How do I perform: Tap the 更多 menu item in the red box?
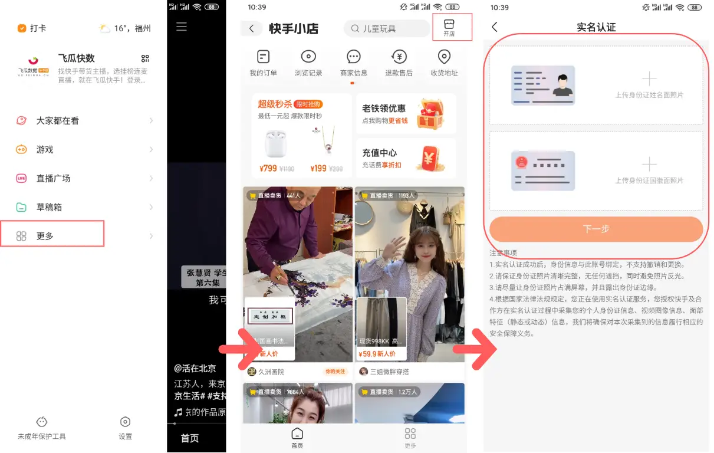click(45, 236)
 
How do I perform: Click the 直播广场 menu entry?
click(53, 178)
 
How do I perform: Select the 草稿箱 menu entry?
click(49, 207)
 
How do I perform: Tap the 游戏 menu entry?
click(45, 149)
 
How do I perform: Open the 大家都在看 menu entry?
click(57, 120)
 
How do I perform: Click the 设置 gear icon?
click(125, 422)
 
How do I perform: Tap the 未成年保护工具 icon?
click(42, 422)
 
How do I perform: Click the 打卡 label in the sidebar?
click(38, 28)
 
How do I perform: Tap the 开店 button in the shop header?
click(449, 27)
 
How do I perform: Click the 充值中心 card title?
click(379, 153)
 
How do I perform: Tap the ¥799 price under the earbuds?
click(268, 168)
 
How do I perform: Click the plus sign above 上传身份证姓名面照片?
click(649, 78)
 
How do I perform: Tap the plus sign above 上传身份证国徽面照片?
click(649, 164)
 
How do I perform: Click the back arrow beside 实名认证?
click(495, 27)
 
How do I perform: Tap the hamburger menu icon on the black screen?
click(182, 27)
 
